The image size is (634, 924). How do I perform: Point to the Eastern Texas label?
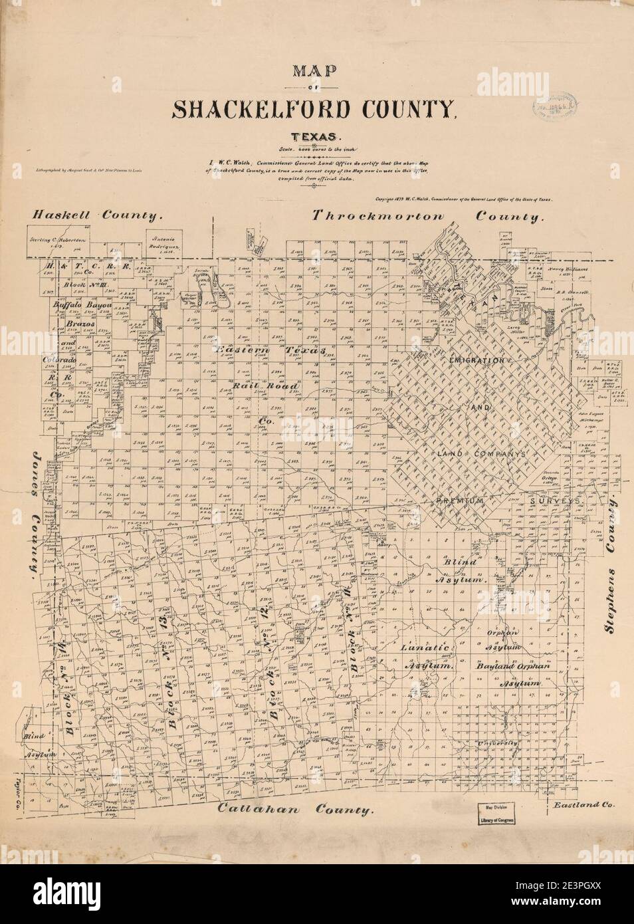(270, 350)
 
